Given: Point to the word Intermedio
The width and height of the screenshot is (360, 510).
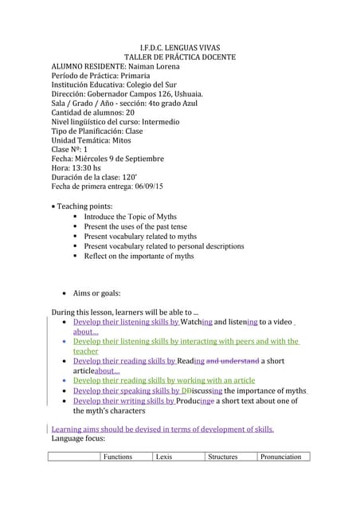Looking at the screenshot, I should coord(161,122).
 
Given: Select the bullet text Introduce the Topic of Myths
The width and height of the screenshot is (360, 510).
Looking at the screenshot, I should coord(131,217).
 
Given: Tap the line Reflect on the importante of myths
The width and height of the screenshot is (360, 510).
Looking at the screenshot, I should coord(139,256).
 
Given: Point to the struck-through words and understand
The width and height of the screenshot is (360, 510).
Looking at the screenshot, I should coord(233,361).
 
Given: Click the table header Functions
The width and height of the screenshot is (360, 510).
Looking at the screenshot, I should coord(118,457).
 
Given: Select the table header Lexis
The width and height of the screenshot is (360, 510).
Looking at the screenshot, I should coord(165,457).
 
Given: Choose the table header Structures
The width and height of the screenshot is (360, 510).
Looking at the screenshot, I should coord(223,457).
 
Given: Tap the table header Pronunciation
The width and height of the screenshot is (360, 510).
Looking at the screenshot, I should coord(281,457).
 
